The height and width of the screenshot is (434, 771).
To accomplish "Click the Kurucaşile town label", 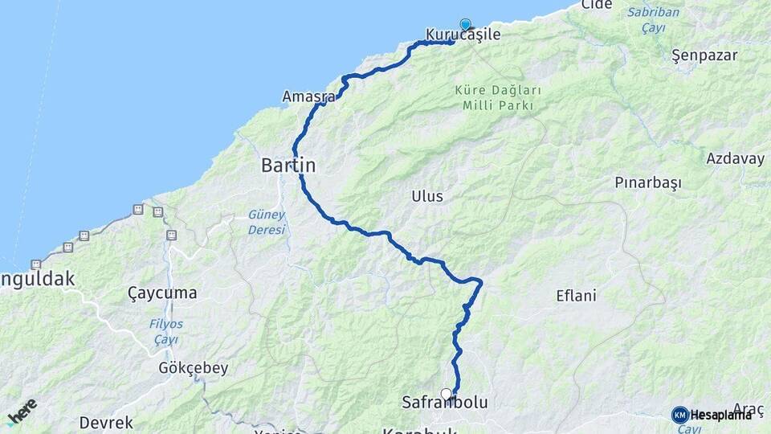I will pos(463,35).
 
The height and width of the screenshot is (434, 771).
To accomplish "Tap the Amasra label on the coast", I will pos(308,97).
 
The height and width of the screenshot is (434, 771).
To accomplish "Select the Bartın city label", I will pos(288,166).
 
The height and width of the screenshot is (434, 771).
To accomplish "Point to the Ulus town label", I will pos(426,196).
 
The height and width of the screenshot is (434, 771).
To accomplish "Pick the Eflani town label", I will pos(576,296).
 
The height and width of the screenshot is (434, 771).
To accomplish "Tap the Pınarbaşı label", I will pos(647,182).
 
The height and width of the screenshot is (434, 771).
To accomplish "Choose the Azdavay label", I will pos(735,158).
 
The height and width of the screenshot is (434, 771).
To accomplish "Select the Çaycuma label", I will pos(162,293).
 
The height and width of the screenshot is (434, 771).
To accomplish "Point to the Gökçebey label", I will pos(194,368).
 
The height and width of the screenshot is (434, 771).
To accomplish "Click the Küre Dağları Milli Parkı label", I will pos(497,98).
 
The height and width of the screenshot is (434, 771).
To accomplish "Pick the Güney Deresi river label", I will pos(267,222).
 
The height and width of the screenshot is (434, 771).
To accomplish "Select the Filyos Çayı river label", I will pos(165,332).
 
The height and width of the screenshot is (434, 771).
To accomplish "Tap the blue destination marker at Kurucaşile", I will pos(465,24).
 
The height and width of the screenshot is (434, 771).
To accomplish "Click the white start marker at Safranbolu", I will pos(447,394).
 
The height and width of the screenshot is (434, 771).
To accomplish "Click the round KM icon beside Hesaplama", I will pos(680,415).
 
